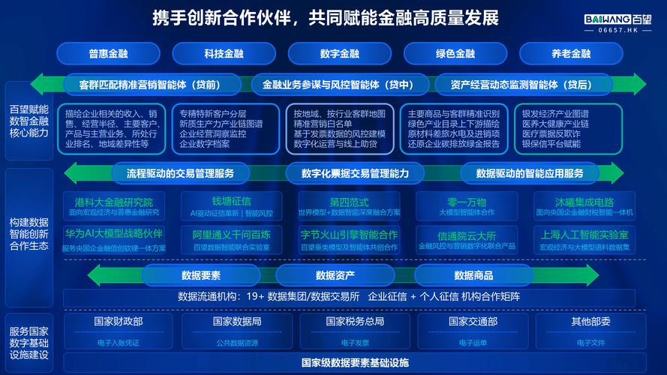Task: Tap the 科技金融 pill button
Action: tap(224, 54)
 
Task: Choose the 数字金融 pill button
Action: tap(339, 54)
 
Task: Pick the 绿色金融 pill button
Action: tap(455, 54)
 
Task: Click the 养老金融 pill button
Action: tap(571, 54)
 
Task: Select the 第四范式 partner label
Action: tap(349, 202)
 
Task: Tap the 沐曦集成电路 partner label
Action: tap(584, 202)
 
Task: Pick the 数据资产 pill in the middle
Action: tap(335, 275)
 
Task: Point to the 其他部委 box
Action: tap(590, 322)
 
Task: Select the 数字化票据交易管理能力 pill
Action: tap(355, 174)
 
